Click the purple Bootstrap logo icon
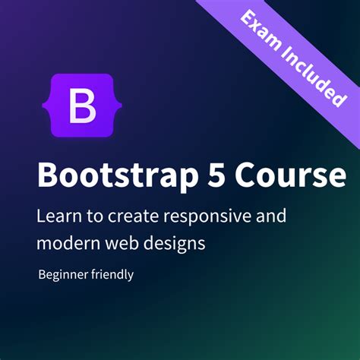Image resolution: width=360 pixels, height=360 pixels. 83,106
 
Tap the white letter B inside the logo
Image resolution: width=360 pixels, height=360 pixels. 83,106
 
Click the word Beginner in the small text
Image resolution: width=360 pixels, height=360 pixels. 63,275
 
